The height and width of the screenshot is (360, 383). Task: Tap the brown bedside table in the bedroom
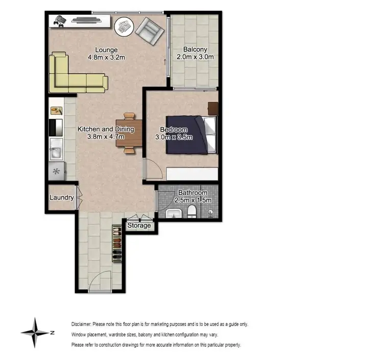pyautogui.click(x=212, y=108)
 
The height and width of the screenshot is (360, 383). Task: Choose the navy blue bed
pyautogui.click(x=189, y=135)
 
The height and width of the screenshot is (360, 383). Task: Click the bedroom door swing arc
pyautogui.click(x=152, y=169)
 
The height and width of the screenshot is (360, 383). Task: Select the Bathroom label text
pyautogui.click(x=192, y=193)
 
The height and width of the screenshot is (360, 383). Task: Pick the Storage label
pyautogui.click(x=139, y=225)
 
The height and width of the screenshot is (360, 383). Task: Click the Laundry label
pyautogui.click(x=61, y=198)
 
